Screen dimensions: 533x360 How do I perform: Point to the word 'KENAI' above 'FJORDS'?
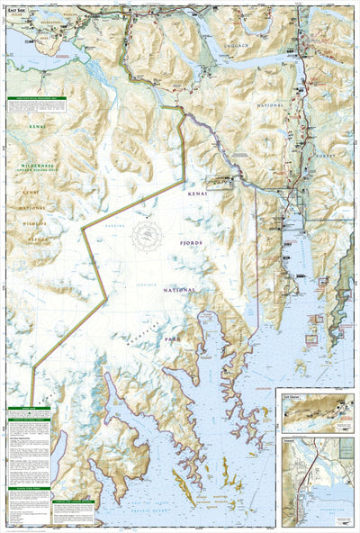pyautogui.click(x=197, y=193)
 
